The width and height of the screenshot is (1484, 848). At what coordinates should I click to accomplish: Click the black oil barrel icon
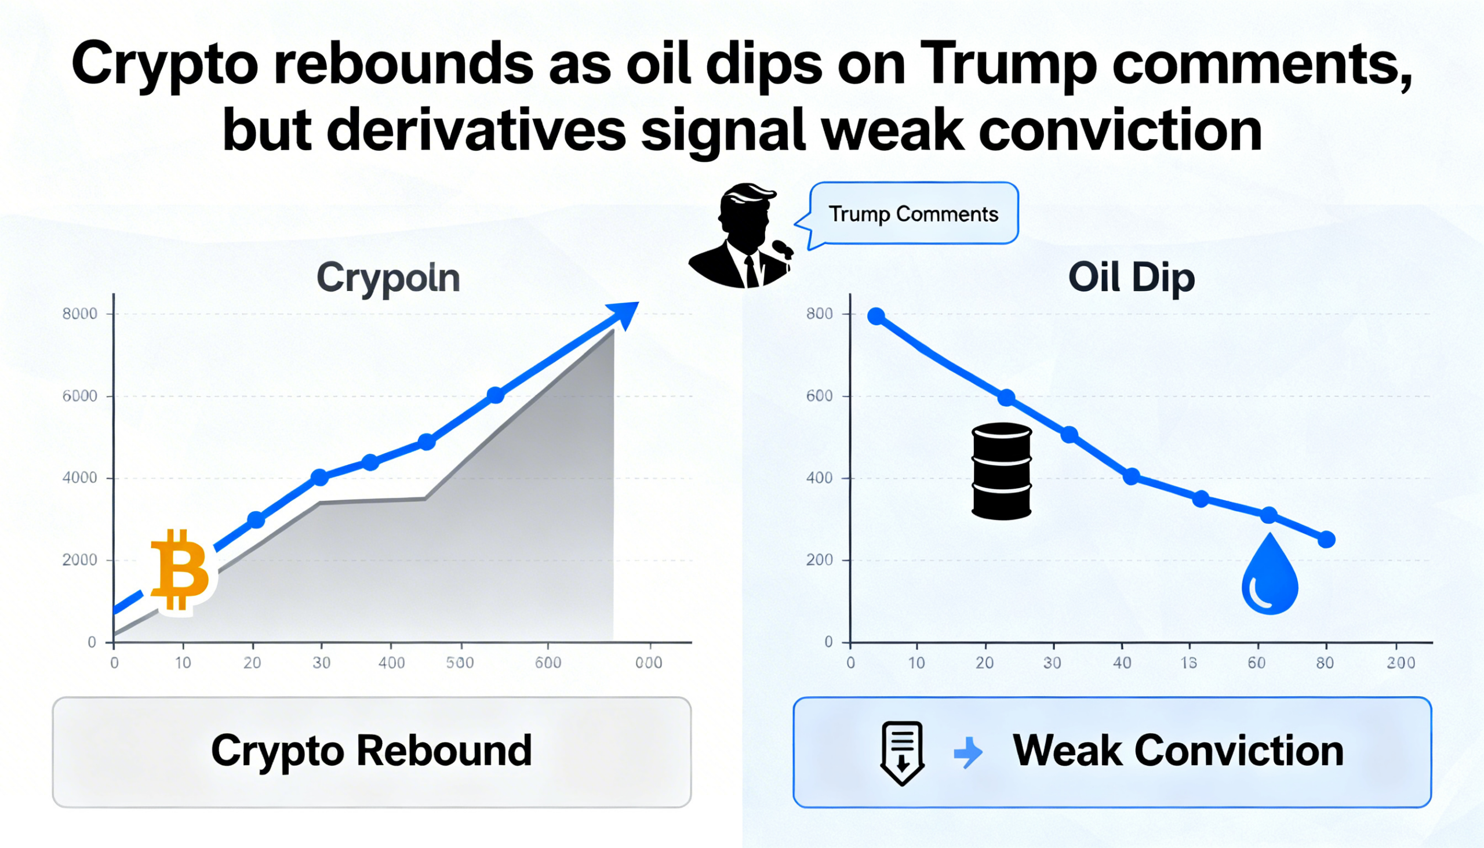[1002, 471]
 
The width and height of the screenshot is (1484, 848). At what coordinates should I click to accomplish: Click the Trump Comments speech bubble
[913, 214]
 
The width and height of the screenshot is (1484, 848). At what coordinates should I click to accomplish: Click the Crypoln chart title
[388, 278]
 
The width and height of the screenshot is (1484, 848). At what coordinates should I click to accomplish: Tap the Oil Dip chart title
[1131, 278]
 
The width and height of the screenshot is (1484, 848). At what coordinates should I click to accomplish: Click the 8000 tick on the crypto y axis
[80, 314]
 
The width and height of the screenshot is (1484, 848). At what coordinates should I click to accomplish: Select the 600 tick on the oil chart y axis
[819, 396]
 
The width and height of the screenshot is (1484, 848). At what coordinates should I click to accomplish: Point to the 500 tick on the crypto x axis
[460, 663]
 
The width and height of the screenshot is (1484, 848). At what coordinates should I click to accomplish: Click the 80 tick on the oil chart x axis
[1325, 663]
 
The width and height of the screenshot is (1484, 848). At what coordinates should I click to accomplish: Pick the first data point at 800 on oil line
[876, 316]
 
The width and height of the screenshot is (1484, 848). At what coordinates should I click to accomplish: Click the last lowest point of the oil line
[1327, 539]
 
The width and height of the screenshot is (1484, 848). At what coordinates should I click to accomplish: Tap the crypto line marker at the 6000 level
[496, 395]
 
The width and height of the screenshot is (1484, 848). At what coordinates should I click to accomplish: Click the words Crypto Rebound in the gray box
[371, 751]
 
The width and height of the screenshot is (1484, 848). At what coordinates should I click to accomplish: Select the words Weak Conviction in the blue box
[1178, 751]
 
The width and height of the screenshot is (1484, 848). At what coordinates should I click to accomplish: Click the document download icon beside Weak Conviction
[902, 753]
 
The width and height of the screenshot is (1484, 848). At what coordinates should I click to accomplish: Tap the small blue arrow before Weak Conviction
[969, 752]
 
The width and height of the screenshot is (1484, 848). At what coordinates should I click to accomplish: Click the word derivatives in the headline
[476, 131]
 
